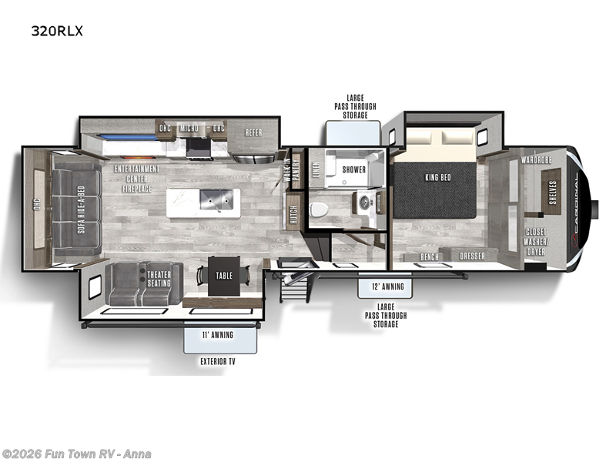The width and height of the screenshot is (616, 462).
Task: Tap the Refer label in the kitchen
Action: pyautogui.click(x=253, y=132)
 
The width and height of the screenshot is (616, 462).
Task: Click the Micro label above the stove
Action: pyautogui.click(x=189, y=128)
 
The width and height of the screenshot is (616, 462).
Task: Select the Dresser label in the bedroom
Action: pyautogui.click(x=473, y=256)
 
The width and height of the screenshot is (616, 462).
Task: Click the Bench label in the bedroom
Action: pyautogui.click(x=430, y=256)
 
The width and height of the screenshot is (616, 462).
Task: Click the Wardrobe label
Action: pyautogui.click(x=536, y=160)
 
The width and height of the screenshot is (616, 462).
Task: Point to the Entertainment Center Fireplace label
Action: pyautogui.click(x=137, y=179)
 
